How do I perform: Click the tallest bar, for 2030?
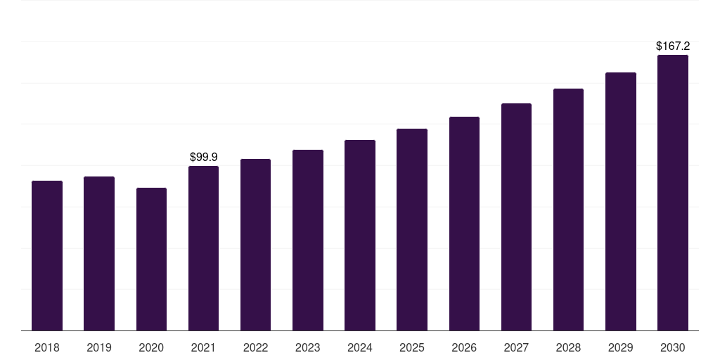pos(673,193)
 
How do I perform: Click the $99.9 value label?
pos(204,157)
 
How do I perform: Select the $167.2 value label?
pos(673,46)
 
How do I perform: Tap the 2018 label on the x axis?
pos(47,347)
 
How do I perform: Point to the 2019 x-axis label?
pos(99,347)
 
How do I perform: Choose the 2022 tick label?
pos(256,347)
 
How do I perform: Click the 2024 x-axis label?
pos(360,347)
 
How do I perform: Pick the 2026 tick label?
pos(464,347)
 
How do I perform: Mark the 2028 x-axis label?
pos(568,347)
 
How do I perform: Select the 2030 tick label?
pos(673,347)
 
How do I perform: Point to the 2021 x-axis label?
pos(203,347)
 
